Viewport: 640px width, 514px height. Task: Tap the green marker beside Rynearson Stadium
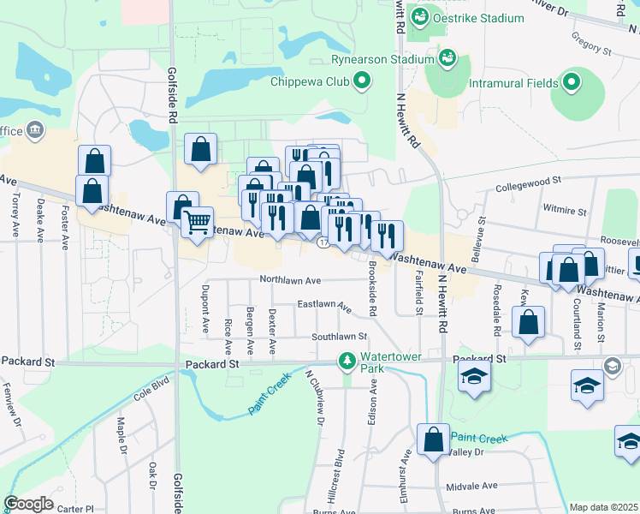click(447, 59)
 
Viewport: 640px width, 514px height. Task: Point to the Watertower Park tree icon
click(347, 362)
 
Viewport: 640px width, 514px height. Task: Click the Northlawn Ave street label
click(291, 280)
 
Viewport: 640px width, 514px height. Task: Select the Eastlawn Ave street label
click(324, 305)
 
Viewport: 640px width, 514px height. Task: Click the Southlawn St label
click(339, 338)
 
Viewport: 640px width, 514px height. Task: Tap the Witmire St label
click(565, 209)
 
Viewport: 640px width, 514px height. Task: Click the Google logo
click(28, 504)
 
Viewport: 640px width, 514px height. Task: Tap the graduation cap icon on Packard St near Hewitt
click(474, 377)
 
